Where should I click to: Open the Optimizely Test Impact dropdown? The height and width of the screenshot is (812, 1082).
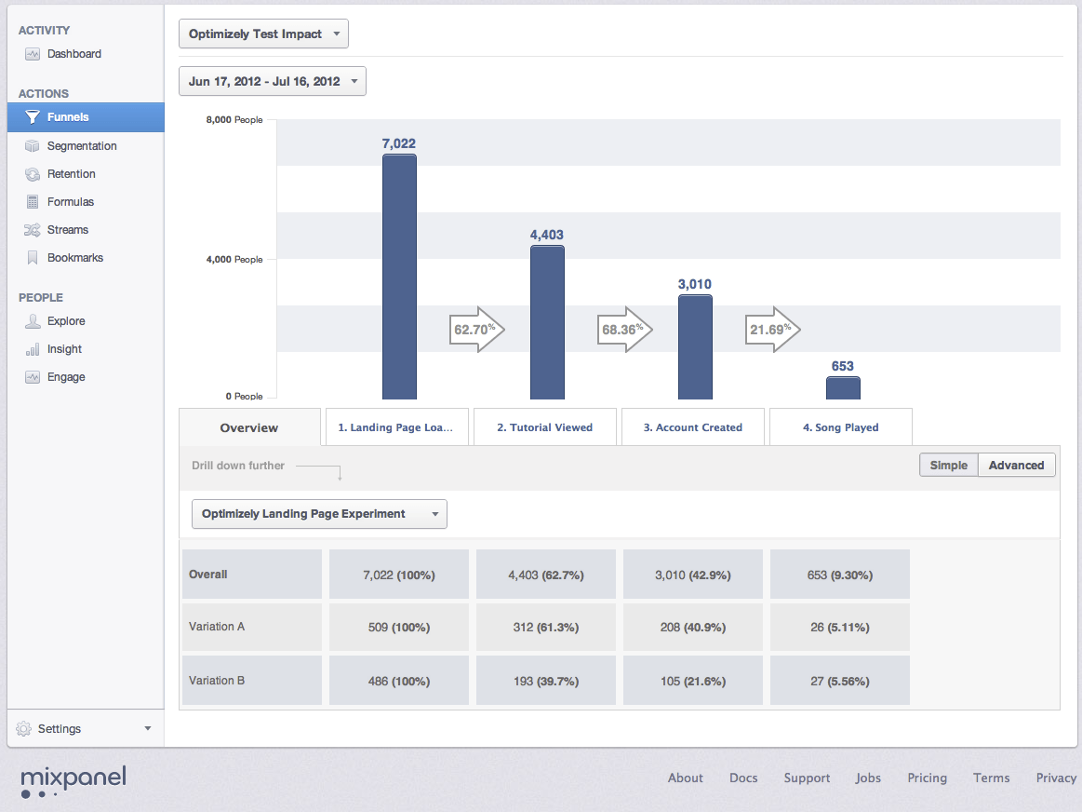tap(263, 34)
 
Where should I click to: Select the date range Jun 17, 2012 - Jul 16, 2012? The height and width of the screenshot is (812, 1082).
tap(272, 82)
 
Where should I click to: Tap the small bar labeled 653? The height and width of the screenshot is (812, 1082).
tap(843, 387)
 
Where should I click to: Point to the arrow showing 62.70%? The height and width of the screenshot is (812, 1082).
tap(476, 330)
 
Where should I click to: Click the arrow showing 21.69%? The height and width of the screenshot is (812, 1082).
tap(772, 330)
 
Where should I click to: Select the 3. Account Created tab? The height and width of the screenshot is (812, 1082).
tap(692, 427)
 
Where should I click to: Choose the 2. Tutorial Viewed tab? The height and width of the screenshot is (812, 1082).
tap(544, 427)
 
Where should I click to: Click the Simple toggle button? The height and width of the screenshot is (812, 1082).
tap(948, 466)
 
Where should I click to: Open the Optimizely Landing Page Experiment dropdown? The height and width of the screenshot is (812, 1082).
tap(318, 514)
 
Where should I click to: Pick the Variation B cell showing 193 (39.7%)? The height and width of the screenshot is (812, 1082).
tap(545, 681)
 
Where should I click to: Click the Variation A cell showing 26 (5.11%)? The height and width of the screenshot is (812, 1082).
tap(839, 628)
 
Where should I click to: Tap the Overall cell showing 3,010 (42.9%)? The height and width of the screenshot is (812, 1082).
tap(692, 575)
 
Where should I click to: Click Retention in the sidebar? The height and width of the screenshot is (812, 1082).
tap(72, 174)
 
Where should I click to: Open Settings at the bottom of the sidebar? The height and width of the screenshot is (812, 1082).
tap(84, 729)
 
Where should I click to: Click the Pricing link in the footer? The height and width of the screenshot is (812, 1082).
tap(927, 778)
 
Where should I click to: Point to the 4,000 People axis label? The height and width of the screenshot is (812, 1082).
tap(234, 260)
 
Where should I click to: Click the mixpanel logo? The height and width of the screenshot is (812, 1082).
tap(73, 780)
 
